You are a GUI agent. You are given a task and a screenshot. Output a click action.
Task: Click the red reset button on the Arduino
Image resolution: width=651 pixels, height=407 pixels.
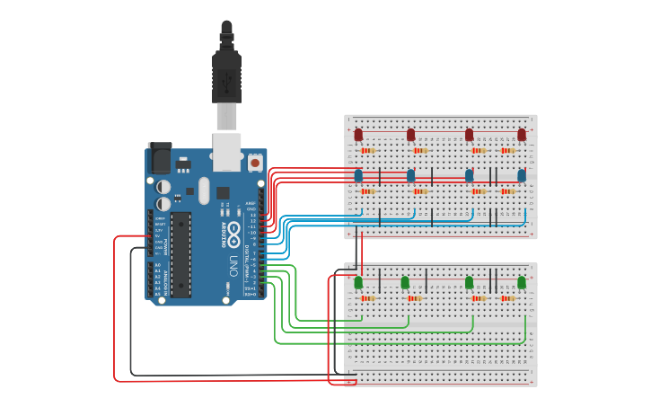[x=255, y=164]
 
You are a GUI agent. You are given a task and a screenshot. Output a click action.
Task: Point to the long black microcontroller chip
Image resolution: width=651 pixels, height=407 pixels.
[x=181, y=255]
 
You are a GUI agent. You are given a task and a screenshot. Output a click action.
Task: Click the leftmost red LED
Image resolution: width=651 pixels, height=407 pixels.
[x=358, y=135]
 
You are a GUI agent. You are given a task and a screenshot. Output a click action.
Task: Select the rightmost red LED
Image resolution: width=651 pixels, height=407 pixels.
[x=522, y=135]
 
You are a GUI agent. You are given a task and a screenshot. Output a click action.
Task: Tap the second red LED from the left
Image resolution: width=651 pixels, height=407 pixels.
[x=411, y=135]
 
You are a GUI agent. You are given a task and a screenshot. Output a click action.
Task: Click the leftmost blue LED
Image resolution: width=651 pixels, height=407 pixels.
[x=358, y=175]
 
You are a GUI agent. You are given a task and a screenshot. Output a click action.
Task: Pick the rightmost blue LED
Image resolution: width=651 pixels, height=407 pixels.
[x=522, y=175]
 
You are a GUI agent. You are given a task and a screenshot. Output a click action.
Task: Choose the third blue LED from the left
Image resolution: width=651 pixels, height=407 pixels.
[x=469, y=175]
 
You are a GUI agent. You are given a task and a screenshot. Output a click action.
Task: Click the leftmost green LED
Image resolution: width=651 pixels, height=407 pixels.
[x=358, y=282]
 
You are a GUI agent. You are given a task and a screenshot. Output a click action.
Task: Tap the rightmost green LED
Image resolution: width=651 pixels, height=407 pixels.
[x=522, y=282]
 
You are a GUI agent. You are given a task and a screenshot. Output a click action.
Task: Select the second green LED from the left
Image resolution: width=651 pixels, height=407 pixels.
[x=405, y=282]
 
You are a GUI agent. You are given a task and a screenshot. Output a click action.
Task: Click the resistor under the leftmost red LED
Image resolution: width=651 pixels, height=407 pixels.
[x=368, y=151]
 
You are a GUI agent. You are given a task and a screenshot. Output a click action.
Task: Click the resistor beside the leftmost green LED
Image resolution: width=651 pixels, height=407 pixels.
[x=368, y=298]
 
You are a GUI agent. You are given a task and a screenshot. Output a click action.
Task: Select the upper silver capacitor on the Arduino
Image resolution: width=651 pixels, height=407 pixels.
[x=163, y=187]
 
